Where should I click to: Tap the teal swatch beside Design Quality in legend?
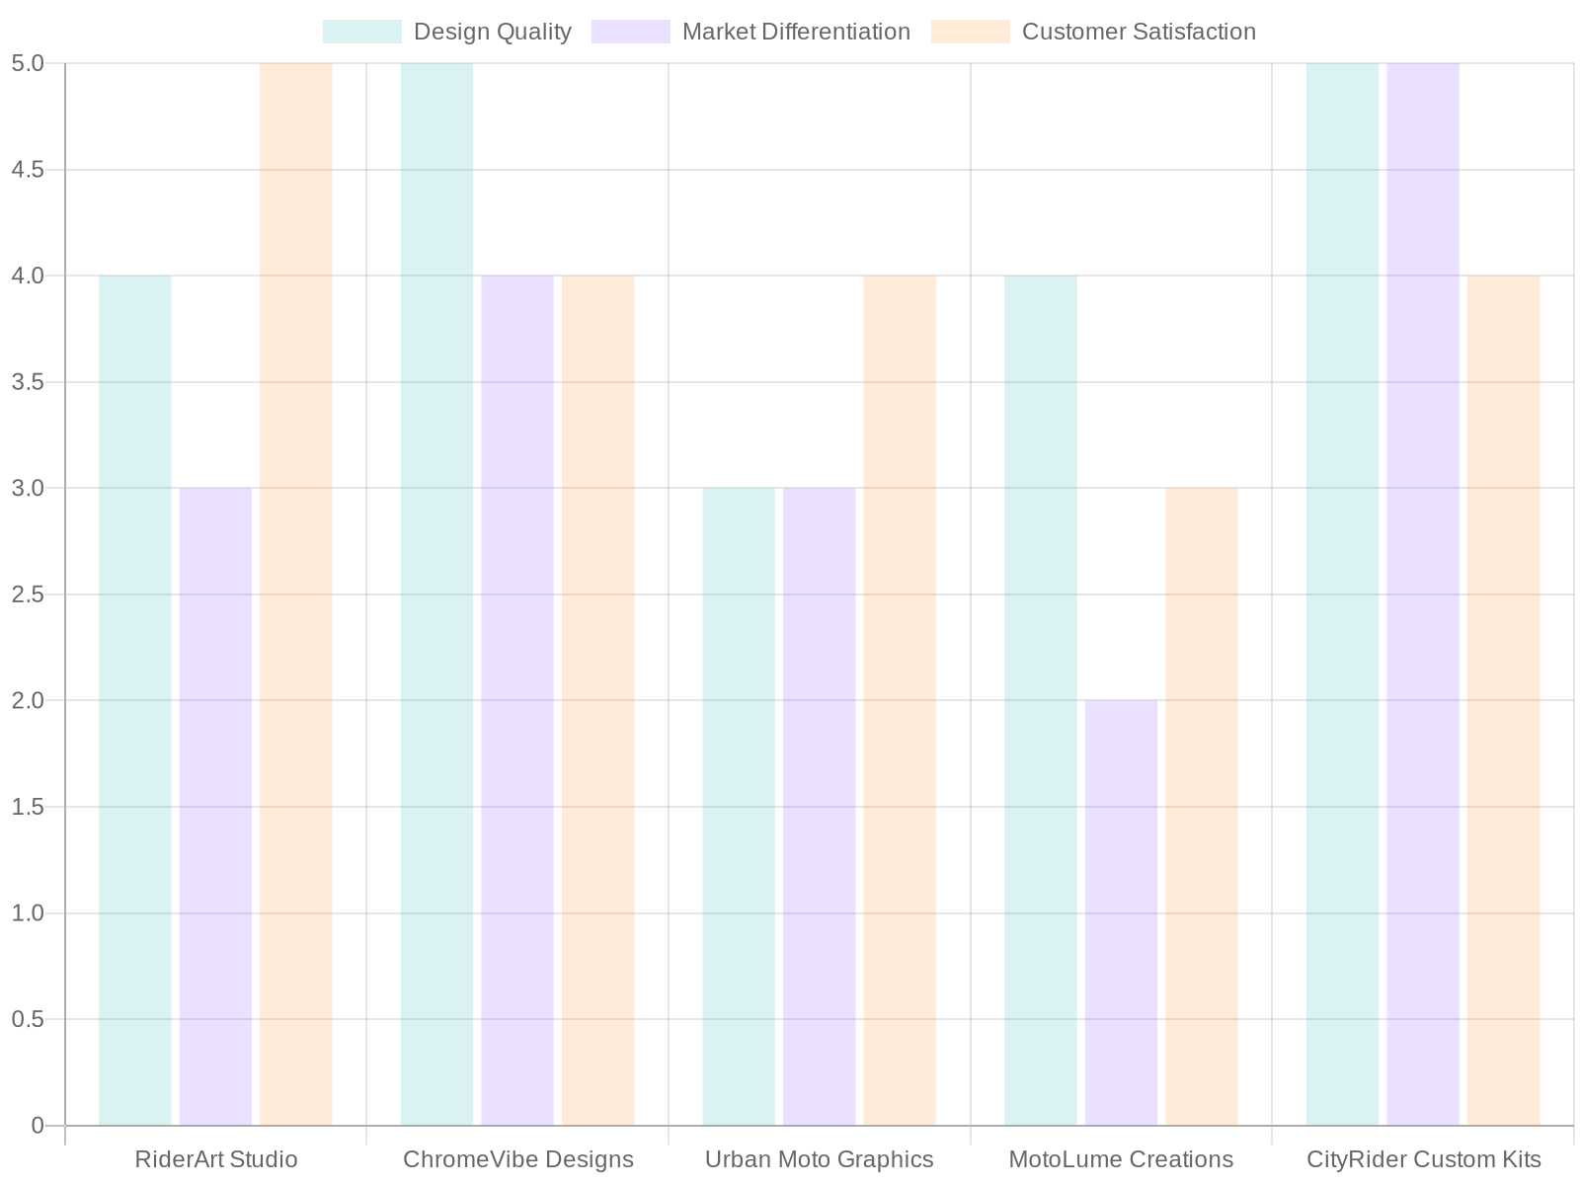(362, 32)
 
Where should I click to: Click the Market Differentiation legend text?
(796, 32)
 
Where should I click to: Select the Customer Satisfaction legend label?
(1139, 32)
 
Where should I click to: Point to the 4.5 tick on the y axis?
(28, 170)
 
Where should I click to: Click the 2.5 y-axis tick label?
(28, 594)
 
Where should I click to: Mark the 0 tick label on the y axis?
(38, 1126)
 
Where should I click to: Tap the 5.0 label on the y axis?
(28, 63)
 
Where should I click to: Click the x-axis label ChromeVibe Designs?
(517, 1159)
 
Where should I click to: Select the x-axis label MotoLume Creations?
(1121, 1159)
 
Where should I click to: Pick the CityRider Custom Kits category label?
(1423, 1159)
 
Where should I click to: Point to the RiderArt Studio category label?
(215, 1159)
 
